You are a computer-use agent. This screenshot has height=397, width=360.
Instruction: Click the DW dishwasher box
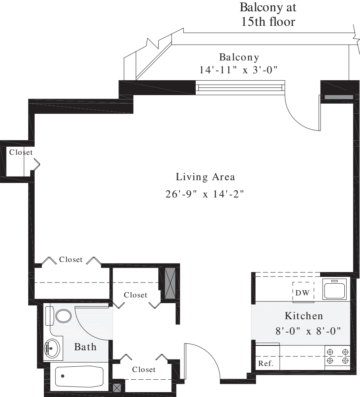pos(302,293)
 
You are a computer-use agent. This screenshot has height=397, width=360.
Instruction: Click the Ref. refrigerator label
pos(266,363)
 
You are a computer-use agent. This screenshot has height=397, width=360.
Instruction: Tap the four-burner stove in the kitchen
pos(337,356)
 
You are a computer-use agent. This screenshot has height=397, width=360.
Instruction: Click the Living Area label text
pos(205,177)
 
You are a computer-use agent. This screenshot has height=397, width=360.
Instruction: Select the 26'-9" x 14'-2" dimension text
pos(205,194)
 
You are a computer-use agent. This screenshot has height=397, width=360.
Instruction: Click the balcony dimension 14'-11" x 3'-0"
pos(239,70)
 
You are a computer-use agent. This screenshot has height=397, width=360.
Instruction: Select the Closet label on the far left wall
pos(21,152)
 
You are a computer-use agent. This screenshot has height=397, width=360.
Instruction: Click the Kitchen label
pos(304,315)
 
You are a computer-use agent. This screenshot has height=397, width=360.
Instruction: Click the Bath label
pos(85,347)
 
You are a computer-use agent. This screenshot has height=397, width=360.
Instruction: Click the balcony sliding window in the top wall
pos(240,87)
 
